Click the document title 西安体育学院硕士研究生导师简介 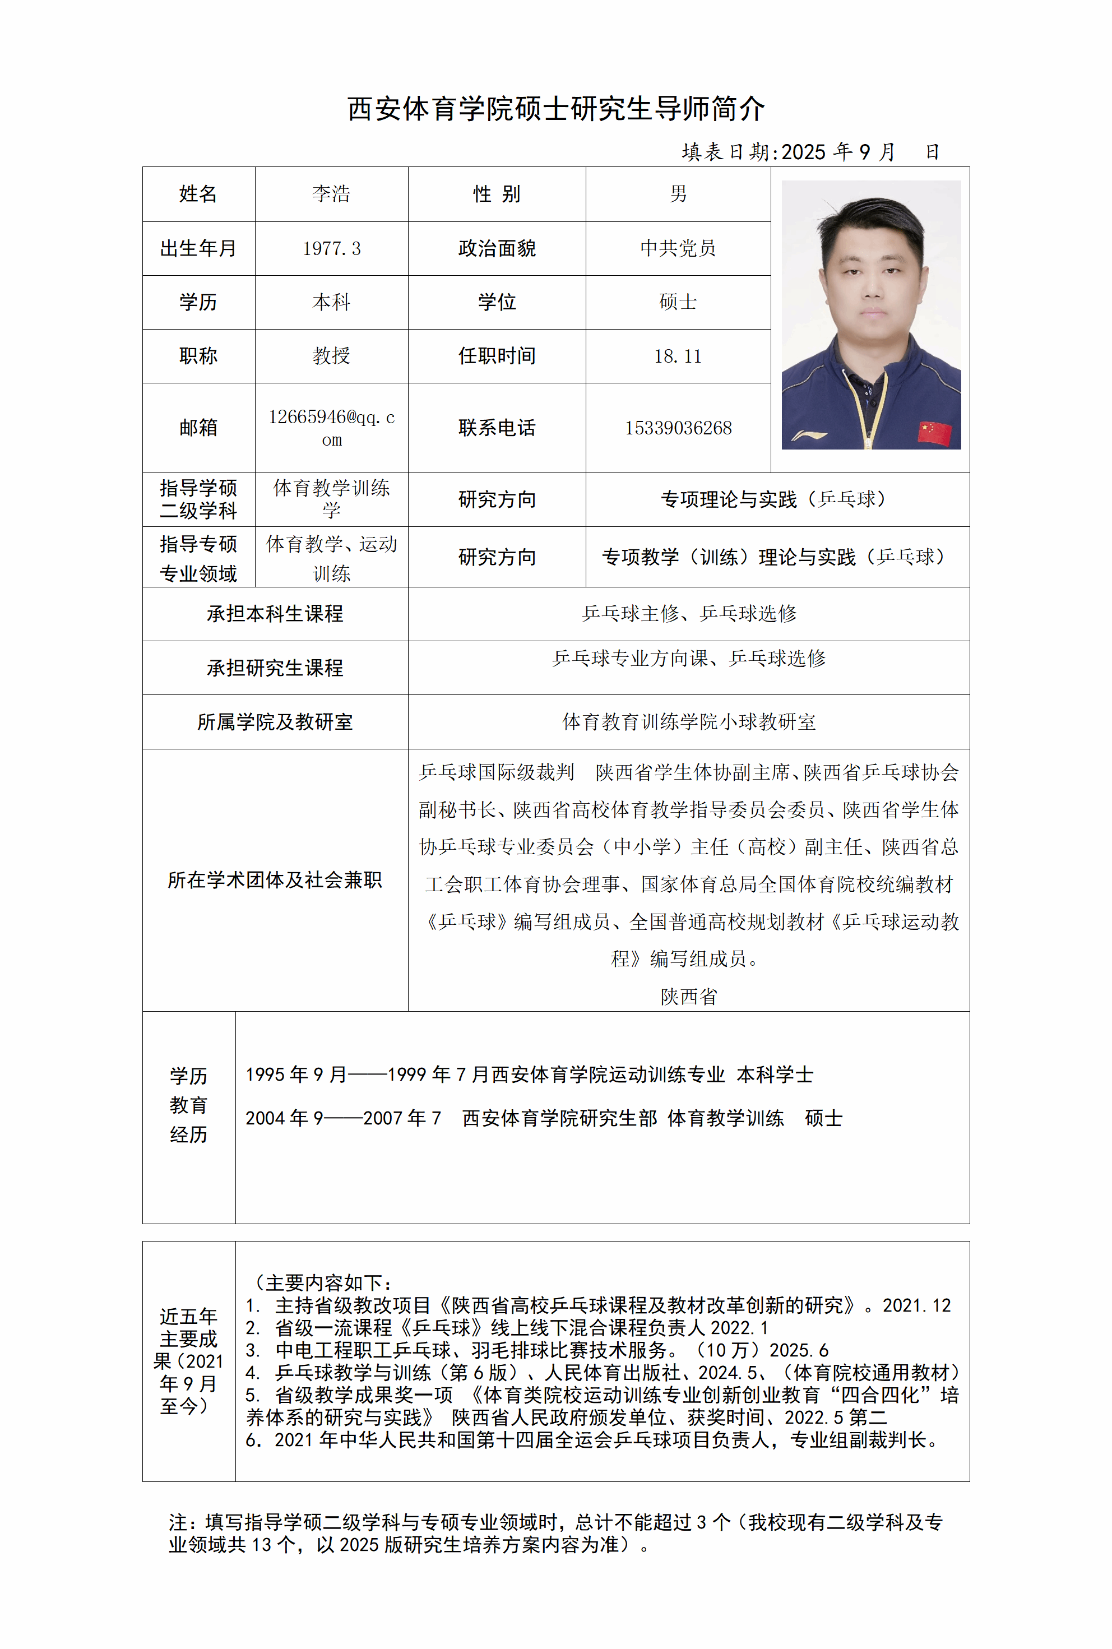[555, 109]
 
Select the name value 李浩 [331, 193]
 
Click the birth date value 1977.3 [331, 248]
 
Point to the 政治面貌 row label [497, 248]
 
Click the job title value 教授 [331, 355]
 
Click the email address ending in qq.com [331, 427]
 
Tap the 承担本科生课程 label [275, 614]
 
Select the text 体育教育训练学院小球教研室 [689, 721]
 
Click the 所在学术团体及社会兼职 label [275, 879]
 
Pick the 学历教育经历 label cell [189, 1104]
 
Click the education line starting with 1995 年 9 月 [529, 1074]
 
